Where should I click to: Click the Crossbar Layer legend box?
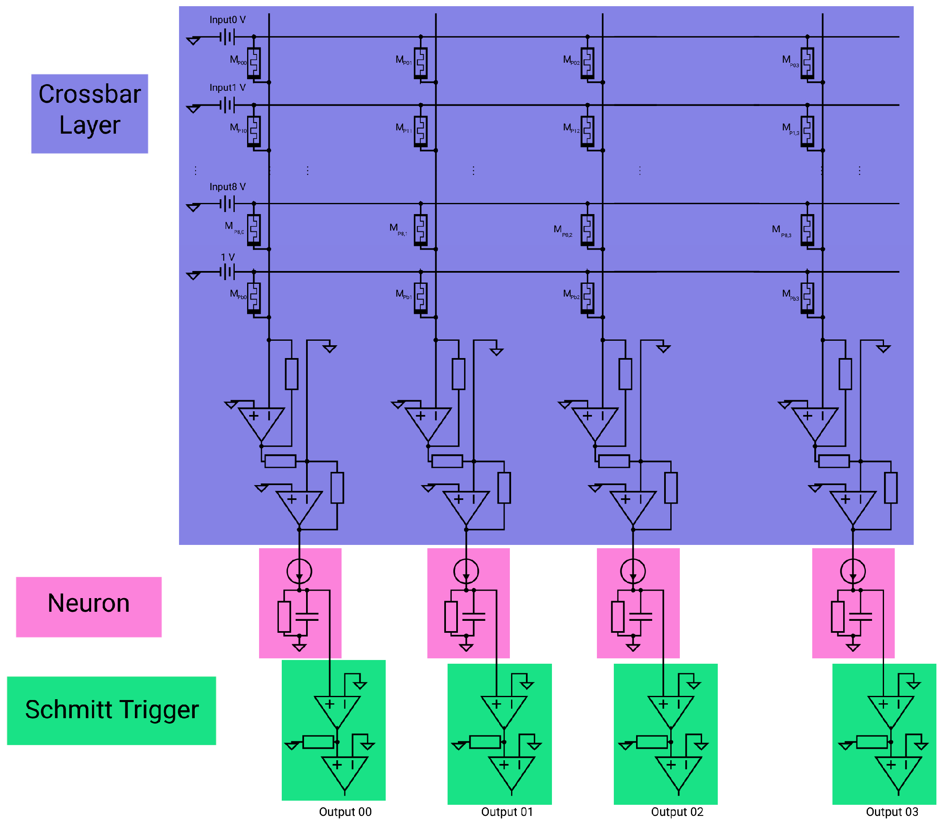click(90, 113)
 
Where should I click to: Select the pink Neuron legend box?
click(88, 606)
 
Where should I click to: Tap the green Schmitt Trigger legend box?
click(111, 710)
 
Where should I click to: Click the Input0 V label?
click(227, 20)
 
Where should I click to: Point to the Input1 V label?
click(227, 87)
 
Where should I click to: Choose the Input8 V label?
click(227, 186)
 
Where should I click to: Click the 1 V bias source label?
click(227, 257)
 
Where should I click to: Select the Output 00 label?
click(345, 812)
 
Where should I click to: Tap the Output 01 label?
click(507, 812)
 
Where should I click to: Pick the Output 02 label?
click(677, 812)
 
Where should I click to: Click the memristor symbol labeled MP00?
click(254, 63)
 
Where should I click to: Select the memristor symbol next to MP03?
click(807, 63)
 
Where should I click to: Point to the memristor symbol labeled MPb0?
click(254, 297)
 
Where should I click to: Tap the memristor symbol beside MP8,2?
click(587, 229)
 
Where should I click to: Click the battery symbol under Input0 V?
click(227, 37)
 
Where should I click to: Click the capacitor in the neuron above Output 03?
click(860, 616)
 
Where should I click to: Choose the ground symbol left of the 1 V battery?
click(193, 275)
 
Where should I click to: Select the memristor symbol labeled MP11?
click(420, 131)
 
